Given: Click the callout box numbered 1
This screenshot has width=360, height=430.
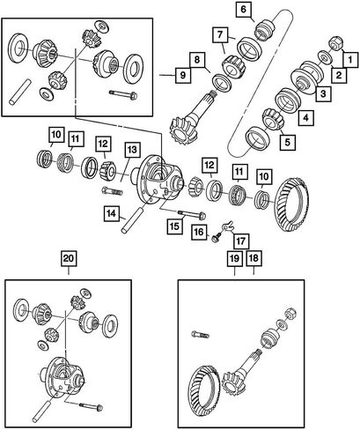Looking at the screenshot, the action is tap(350, 60).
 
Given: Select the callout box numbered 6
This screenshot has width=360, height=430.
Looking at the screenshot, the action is tap(244, 10).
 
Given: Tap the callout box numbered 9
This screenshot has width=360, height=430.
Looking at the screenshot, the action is tap(183, 75).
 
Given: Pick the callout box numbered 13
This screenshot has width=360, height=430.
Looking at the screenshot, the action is tap(132, 150).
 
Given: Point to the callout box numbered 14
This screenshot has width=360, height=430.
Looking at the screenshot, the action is tap(112, 213).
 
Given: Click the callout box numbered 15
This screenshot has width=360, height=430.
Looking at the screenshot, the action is tap(174, 226).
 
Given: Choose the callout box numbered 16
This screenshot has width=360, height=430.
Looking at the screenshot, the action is tap(199, 232).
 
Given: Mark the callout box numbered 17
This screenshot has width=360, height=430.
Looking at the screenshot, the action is tap(241, 241).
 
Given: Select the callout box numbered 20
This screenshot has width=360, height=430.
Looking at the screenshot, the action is tap(69, 258).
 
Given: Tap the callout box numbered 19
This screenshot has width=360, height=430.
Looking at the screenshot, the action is tap(235, 258).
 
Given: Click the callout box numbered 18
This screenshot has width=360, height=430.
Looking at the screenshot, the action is tap(253, 258).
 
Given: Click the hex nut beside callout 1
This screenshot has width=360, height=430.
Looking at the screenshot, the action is tap(335, 44).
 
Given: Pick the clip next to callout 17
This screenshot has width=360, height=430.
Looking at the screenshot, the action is tap(228, 226).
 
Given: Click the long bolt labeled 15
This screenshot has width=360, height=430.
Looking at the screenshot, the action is tap(191, 214).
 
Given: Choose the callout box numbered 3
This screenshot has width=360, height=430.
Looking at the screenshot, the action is tap(323, 93).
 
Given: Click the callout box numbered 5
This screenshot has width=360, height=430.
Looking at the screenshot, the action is tap(287, 142).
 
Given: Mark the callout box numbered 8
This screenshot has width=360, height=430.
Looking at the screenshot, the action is tap(197, 60).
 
